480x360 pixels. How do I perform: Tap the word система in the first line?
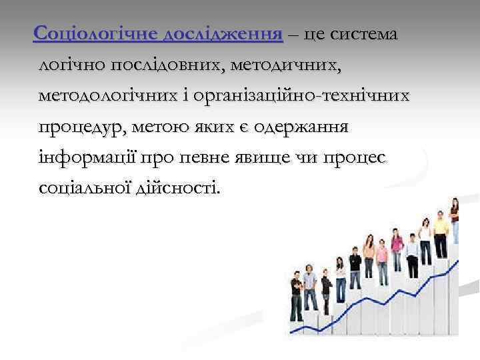[x=362, y=34]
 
